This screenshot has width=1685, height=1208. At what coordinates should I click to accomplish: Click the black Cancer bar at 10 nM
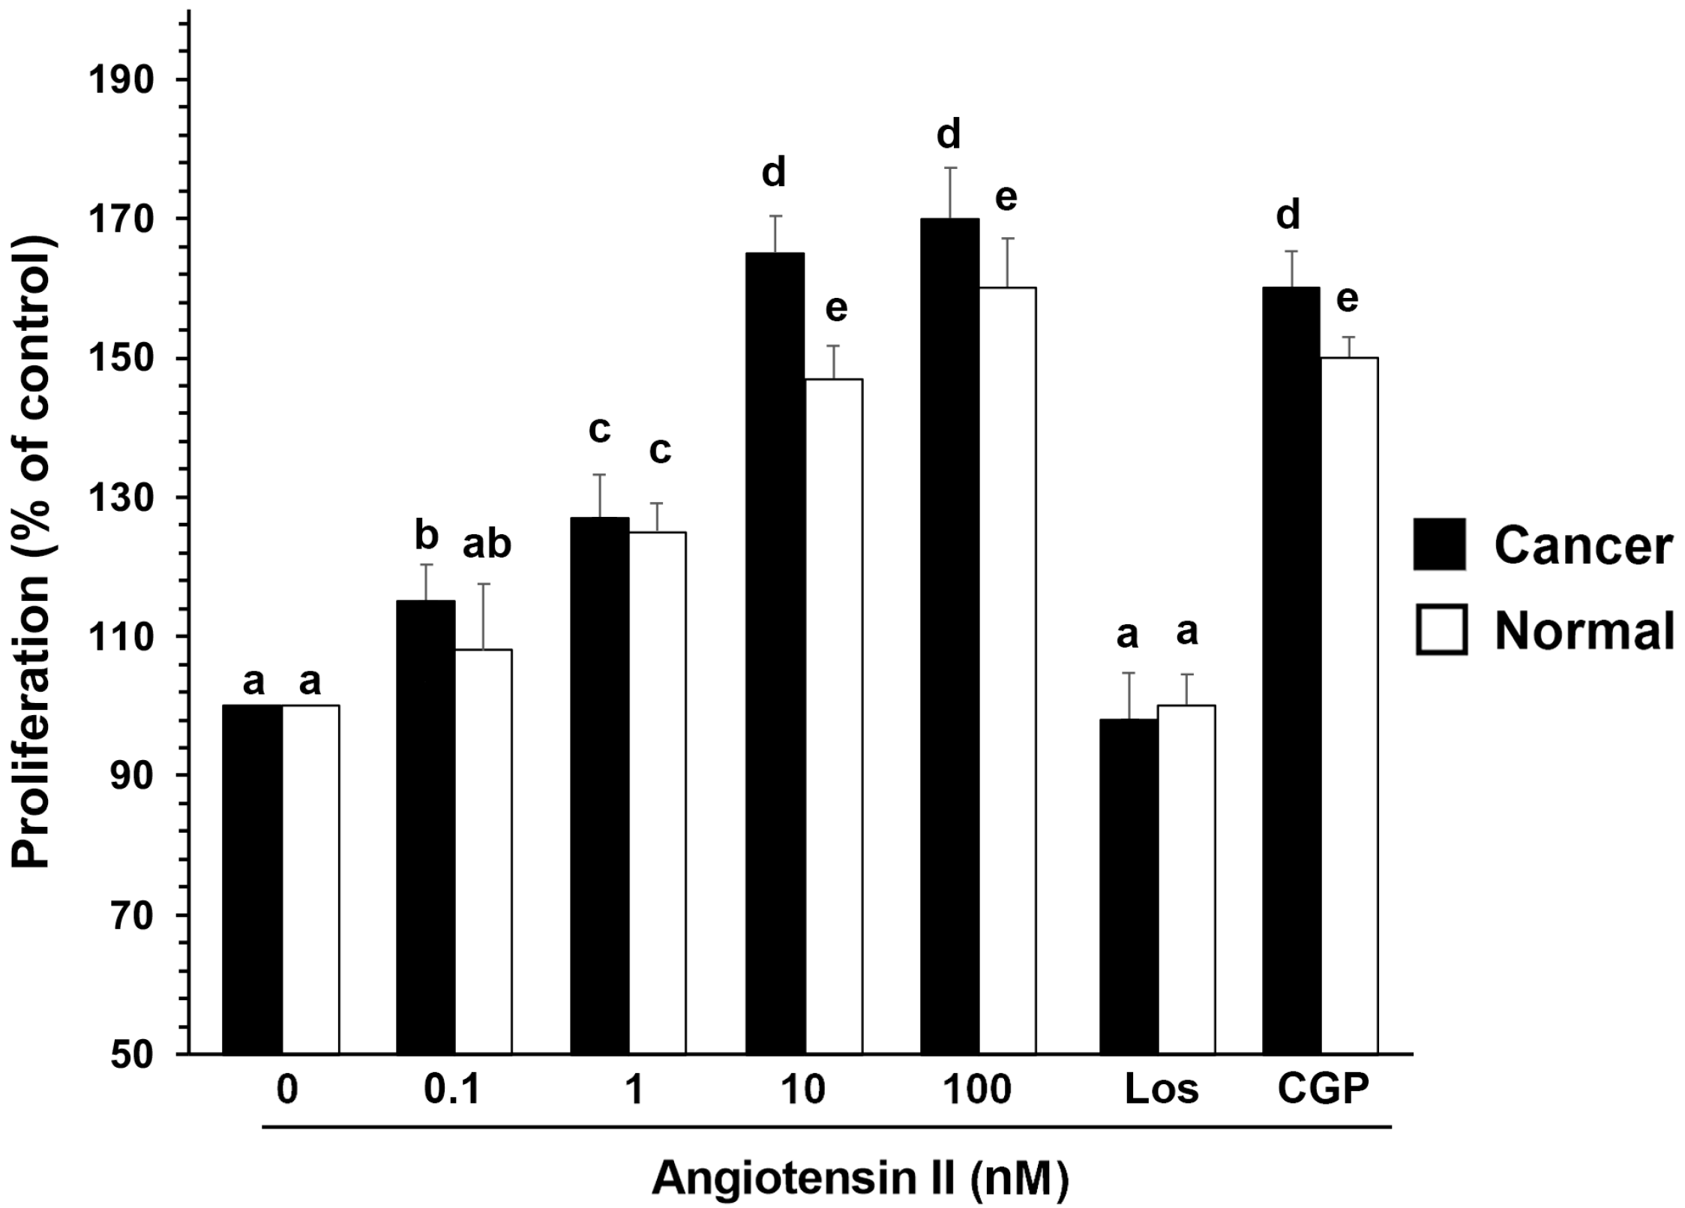[775, 653]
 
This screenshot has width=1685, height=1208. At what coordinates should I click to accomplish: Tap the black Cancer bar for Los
[1128, 885]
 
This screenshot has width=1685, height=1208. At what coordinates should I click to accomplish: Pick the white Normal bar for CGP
[1348, 705]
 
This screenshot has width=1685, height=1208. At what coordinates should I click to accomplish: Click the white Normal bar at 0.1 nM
[483, 852]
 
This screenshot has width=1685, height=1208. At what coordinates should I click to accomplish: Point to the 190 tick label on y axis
[121, 80]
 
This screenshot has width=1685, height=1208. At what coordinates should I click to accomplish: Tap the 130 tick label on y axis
[121, 498]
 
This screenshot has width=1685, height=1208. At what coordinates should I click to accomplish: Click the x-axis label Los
[1161, 1089]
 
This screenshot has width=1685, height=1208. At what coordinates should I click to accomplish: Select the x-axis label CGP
[1323, 1089]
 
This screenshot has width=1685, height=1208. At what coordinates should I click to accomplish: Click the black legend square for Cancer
[1439, 544]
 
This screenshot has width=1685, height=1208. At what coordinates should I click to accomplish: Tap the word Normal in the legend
[1584, 631]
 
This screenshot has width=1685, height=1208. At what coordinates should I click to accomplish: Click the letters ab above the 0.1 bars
[487, 545]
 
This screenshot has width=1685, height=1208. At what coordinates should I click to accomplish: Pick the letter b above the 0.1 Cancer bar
[426, 536]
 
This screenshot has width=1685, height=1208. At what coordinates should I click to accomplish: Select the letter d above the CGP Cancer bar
[1288, 216]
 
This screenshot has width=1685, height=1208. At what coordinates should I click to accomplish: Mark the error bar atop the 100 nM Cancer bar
[950, 192]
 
